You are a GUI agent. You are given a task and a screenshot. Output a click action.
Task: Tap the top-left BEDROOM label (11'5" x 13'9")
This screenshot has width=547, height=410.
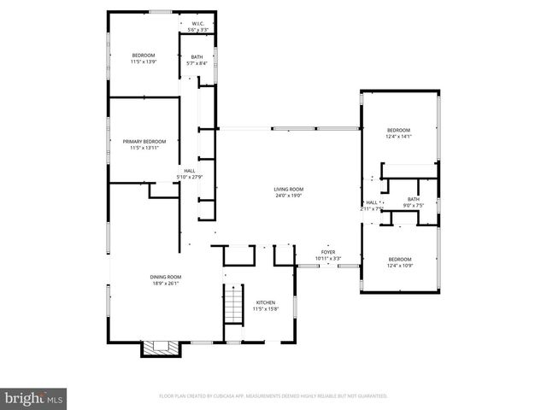coord(144,56)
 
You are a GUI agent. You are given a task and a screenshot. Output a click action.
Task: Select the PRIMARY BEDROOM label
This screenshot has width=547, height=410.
coord(144,141)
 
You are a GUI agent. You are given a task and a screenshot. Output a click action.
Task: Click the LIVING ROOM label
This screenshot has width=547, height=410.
coord(289,189)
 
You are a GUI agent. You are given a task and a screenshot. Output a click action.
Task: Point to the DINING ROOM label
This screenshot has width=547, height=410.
coord(142,277)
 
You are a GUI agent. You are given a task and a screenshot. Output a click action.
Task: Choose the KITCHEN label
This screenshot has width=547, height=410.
coord(266,302)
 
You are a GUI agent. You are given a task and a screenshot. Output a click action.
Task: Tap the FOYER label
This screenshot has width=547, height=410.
coord(328,252)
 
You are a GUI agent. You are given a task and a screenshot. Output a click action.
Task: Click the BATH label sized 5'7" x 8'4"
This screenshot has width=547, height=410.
coord(197,57)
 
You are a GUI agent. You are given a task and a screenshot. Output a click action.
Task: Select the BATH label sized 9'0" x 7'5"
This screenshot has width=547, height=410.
coord(414,199)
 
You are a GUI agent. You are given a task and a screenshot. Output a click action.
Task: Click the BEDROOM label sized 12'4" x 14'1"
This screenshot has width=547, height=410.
coord(399,130)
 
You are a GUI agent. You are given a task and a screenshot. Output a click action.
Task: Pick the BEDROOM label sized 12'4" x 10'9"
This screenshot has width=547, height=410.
coord(400,259)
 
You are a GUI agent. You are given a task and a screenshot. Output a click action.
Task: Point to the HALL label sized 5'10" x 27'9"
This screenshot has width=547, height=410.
coord(189,171)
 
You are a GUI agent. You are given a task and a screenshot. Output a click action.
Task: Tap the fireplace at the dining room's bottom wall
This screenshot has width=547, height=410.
coord(160,348)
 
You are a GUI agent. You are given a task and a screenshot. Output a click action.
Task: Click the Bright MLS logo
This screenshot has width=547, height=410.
coord(33,398)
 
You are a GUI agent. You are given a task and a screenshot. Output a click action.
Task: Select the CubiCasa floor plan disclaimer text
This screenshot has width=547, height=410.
coord(273,396)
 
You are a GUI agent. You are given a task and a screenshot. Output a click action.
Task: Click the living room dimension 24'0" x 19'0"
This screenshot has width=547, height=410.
coord(289,196)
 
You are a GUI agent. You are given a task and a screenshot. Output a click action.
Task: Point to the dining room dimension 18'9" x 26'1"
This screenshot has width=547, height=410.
coord(142,284)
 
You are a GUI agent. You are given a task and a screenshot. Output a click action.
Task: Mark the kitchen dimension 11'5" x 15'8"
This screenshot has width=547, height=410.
coord(266,309)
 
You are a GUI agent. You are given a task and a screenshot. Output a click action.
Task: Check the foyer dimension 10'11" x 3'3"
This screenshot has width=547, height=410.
coord(328,259)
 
